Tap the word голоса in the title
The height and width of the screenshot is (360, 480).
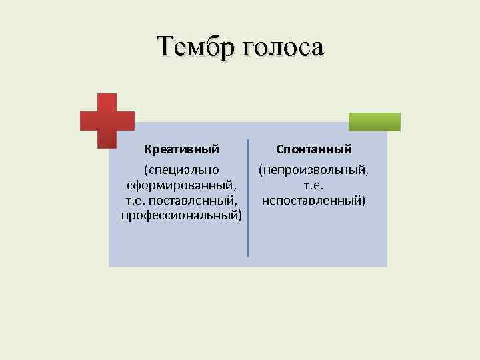283,47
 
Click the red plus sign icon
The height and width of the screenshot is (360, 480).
107,121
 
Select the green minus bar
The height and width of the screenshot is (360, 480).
375,121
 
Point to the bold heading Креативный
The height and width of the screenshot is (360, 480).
181,149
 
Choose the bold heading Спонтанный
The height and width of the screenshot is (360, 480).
313,149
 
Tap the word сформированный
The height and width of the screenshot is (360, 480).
180,185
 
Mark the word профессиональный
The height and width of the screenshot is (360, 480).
179,214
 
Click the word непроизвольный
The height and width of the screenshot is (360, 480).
315,171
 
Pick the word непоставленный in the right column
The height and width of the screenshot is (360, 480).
313,199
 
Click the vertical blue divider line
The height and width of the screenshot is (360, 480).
247,198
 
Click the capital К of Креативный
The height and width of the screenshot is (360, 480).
147,149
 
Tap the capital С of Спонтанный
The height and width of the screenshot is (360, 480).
280,149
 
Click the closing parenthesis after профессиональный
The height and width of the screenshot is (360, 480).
239,215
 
